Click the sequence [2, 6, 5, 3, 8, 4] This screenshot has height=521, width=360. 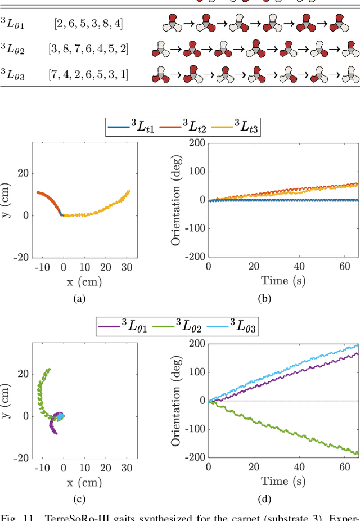pos(88,24)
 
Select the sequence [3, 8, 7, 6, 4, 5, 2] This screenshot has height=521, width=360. pos(88,49)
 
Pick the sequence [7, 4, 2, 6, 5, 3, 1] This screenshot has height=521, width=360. pos(88,74)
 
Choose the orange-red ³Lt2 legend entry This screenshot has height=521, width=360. pos(182,129)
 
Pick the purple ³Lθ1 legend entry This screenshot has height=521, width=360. pos(122,326)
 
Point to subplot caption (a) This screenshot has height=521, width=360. pos(79,299)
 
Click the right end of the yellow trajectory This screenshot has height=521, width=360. pos(129,191)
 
